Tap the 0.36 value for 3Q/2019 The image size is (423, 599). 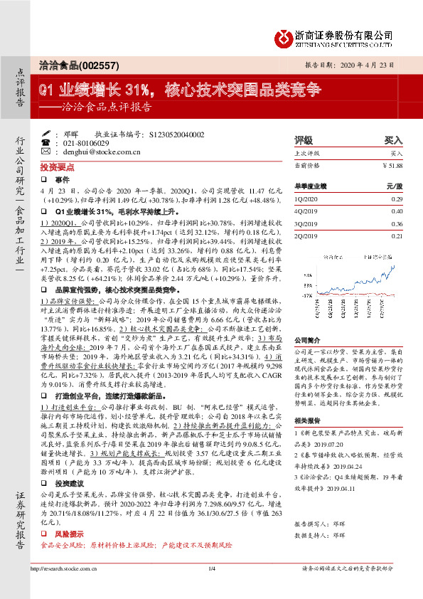pos(397,223)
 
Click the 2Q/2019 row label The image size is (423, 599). pos(307,235)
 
